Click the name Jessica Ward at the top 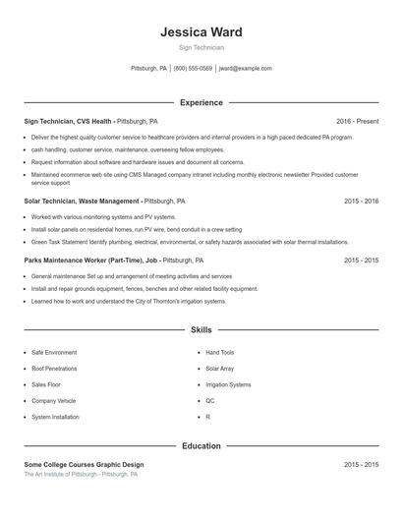click(x=201, y=31)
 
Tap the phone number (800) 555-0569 click(x=193, y=69)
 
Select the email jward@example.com click(x=245, y=69)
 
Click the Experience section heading click(x=201, y=102)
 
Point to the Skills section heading click(x=201, y=330)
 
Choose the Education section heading click(x=201, y=445)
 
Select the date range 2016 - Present click(x=357, y=121)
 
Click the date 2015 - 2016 click(x=361, y=201)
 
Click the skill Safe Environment click(x=53, y=352)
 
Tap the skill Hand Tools click(x=219, y=352)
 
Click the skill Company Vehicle click(x=53, y=401)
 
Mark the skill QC click(x=209, y=401)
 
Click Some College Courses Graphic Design click(x=84, y=464)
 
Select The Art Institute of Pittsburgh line click(x=81, y=474)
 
